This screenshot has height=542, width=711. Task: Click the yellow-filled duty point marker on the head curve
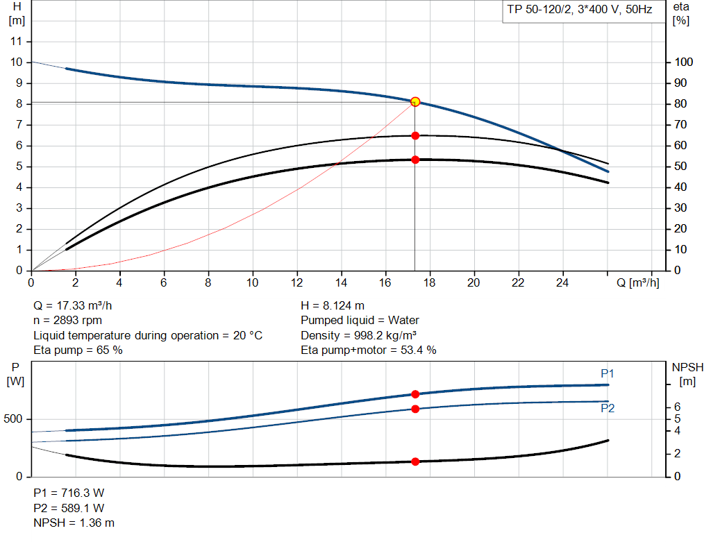point(415,102)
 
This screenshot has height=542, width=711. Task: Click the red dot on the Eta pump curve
point(415,135)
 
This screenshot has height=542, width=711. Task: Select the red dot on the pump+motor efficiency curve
point(415,160)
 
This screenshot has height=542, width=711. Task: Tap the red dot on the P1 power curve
point(415,394)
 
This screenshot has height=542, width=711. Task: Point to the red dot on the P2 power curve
point(415,409)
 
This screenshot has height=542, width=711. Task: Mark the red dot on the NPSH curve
point(415,461)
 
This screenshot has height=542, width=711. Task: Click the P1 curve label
point(608,374)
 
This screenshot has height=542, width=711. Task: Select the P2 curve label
point(608,409)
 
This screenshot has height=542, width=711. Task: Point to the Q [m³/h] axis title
point(637,283)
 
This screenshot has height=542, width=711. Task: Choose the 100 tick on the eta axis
point(684,62)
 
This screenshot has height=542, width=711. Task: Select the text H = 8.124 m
point(333,305)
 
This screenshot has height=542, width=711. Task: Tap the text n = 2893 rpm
point(68,321)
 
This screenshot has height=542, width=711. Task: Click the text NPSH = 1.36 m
point(74,523)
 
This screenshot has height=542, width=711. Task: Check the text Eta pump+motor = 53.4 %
point(369,350)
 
